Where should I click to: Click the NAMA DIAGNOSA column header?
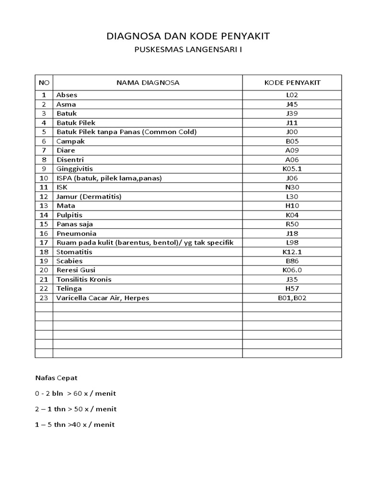point(148,82)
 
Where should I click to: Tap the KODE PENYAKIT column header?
point(292,82)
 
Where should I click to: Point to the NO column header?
point(44,82)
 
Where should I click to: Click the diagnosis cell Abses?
point(67,95)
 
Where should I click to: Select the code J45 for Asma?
point(292,104)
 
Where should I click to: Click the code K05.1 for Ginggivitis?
point(292,169)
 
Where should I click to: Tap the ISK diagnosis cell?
point(62,187)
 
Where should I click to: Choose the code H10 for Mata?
point(292,206)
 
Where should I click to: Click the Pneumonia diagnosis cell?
point(76,234)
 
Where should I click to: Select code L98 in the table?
point(292,243)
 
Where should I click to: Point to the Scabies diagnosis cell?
point(69,261)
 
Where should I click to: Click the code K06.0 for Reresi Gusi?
point(292,270)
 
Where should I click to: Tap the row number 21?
point(44,279)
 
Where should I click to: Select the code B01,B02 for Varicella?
point(292,298)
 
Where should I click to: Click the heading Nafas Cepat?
point(57,378)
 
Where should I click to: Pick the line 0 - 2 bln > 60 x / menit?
point(76,394)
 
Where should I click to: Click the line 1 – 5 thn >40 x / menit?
point(75,424)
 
